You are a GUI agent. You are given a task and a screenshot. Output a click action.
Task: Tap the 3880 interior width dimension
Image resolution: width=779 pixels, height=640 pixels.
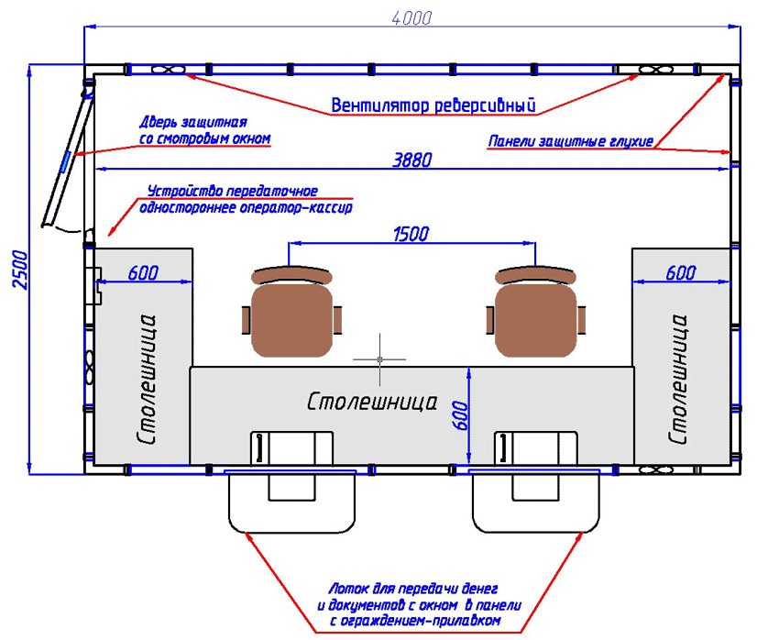[411, 160]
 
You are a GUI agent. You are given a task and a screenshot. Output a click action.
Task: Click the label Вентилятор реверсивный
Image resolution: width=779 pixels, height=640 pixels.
[433, 103]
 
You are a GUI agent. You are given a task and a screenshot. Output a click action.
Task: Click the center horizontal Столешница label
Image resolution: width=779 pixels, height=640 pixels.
[372, 402]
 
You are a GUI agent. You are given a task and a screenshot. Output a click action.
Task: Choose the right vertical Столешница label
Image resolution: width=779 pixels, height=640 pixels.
[679, 380]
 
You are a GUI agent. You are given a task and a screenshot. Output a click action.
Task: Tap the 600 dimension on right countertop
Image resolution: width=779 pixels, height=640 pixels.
[681, 273]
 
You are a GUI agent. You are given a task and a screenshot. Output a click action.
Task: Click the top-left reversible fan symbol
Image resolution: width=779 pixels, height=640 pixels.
[167, 70]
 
